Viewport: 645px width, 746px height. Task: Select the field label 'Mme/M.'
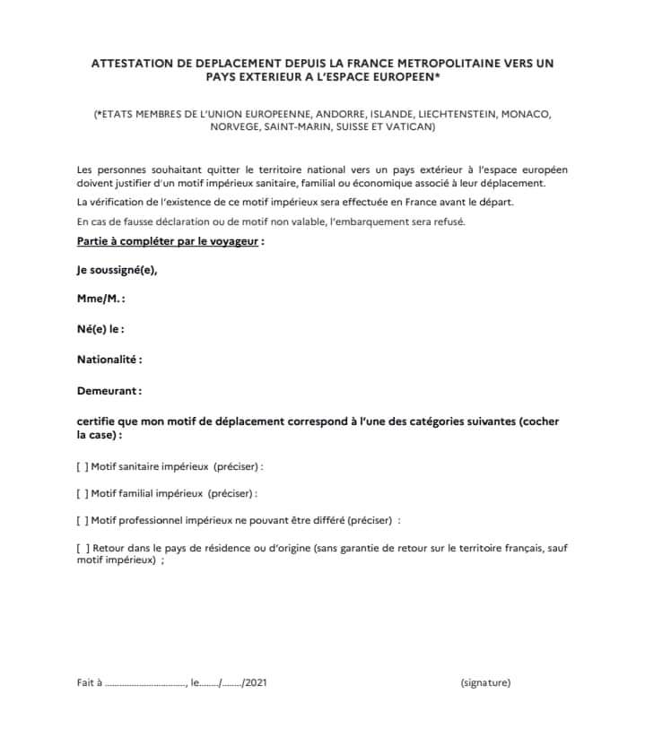(x=100, y=299)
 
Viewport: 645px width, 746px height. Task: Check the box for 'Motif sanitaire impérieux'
(x=83, y=467)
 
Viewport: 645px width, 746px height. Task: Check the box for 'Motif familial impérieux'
(x=83, y=493)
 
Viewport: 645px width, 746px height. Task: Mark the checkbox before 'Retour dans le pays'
(x=83, y=547)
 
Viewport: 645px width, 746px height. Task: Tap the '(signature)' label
(x=485, y=682)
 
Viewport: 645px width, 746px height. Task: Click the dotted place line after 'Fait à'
(x=144, y=684)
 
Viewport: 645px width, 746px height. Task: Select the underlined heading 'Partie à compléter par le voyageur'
(x=168, y=242)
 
